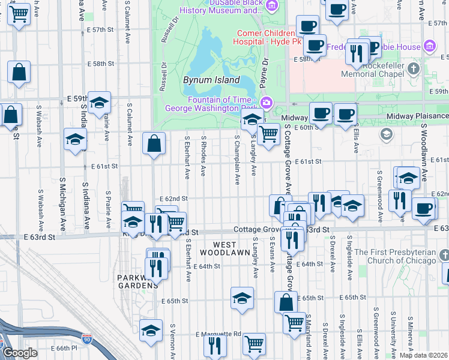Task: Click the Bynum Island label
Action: (x=208, y=79)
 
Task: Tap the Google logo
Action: (x=20, y=353)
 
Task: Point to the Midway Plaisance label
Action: (x=417, y=116)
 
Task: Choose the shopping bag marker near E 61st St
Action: (x=154, y=143)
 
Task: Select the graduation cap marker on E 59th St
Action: (x=99, y=102)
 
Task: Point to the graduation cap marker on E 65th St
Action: (x=241, y=298)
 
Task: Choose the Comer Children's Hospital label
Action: (x=265, y=38)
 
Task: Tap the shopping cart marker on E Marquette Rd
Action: (x=254, y=344)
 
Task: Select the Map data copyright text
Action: (x=424, y=355)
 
